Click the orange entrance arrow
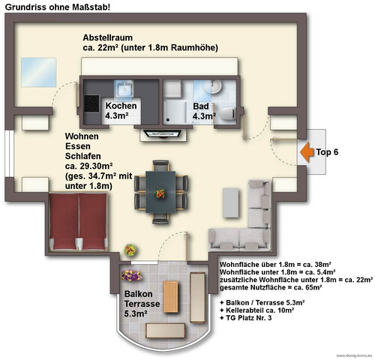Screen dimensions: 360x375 [x=305, y=152]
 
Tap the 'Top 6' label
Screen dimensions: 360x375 [x=326, y=152]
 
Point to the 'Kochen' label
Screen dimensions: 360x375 [x=121, y=106]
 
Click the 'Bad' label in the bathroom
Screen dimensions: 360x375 [x=200, y=106]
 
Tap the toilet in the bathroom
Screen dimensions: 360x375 [x=229, y=112]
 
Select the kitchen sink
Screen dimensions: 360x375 [x=122, y=90]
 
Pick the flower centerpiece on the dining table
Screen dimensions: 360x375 [x=160, y=193]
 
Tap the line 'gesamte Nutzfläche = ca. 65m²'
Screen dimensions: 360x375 [x=270, y=287]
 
